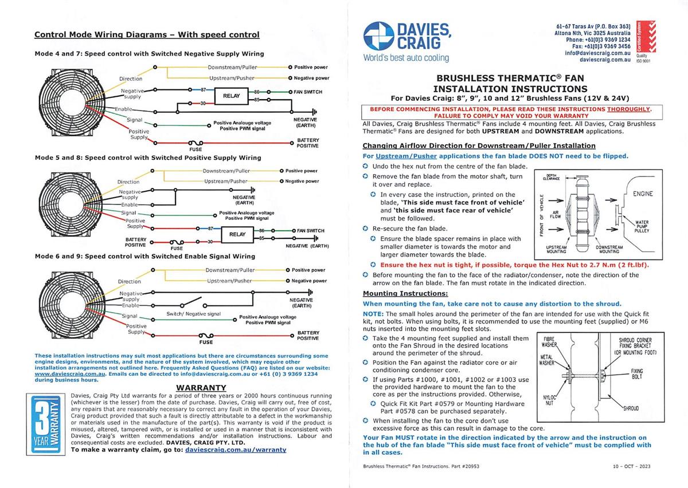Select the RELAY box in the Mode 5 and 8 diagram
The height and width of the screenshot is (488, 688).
pyautogui.click(x=237, y=234)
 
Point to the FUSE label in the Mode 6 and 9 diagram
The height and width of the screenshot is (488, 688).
pyautogui.click(x=205, y=342)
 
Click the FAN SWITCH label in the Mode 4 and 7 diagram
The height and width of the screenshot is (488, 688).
pyautogui.click(x=308, y=92)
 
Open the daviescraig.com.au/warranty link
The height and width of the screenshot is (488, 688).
pyautogui.click(x=236, y=450)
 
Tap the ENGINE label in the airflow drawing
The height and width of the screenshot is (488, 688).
pyautogui.click(x=643, y=194)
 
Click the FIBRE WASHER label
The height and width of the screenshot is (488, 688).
pyautogui.click(x=550, y=342)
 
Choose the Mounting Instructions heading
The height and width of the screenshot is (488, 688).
pyautogui.click(x=405, y=293)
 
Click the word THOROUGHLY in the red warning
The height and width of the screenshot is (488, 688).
pyautogui.click(x=628, y=108)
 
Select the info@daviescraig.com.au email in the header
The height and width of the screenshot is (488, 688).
pyautogui.click(x=597, y=53)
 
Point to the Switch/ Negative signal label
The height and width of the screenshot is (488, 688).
pyautogui.click(x=193, y=314)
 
